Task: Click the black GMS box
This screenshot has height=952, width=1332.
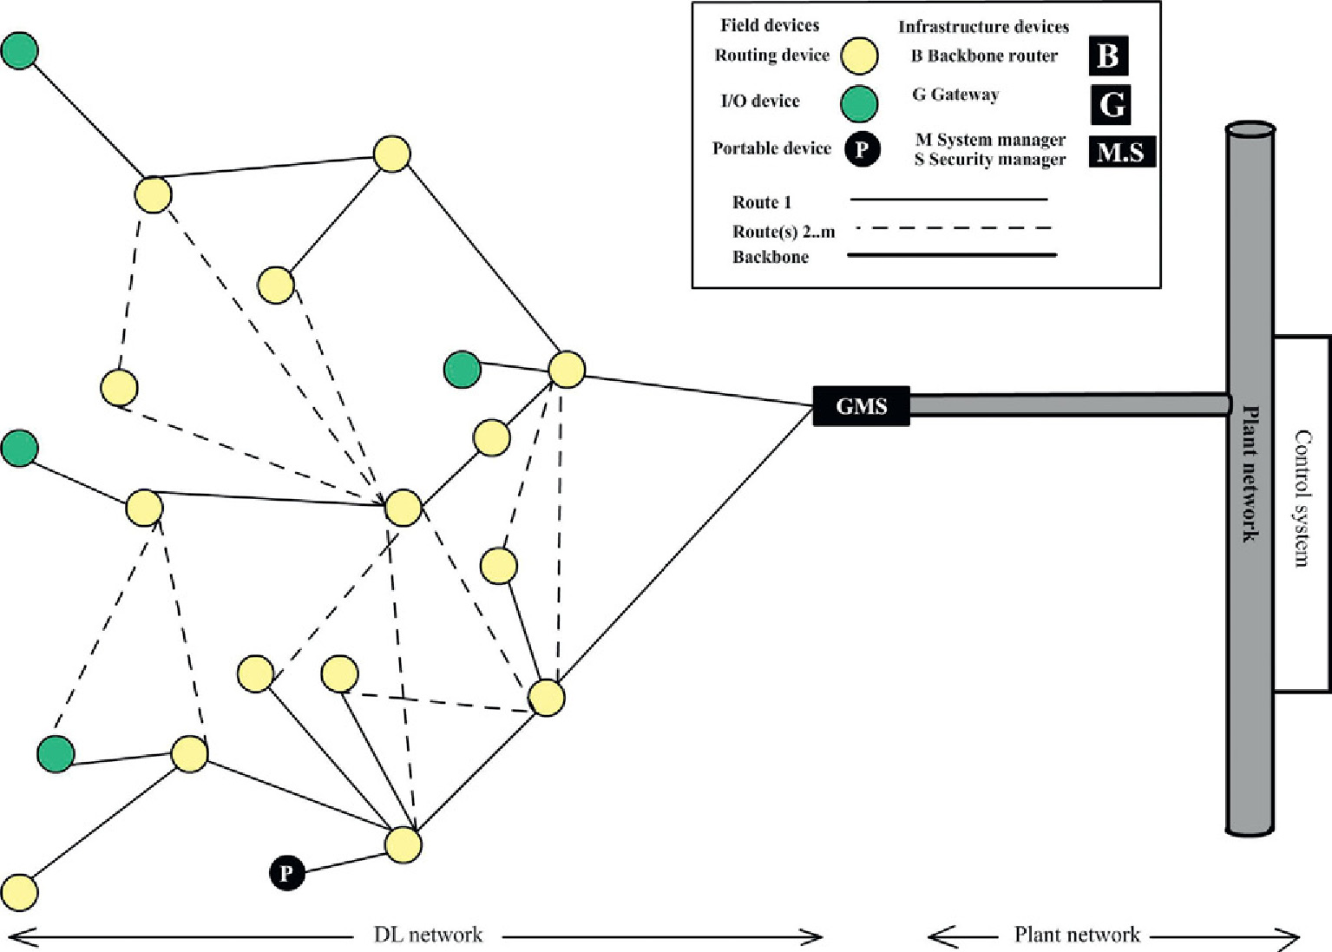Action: point(861,406)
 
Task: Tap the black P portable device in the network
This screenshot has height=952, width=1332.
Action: point(287,872)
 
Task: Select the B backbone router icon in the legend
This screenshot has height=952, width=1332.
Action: point(1108,56)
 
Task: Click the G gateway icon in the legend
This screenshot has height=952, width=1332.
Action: point(1112,104)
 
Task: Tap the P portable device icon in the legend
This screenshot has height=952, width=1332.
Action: point(862,149)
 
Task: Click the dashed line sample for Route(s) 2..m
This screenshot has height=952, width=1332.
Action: point(952,229)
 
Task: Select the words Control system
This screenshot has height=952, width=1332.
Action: point(1302,498)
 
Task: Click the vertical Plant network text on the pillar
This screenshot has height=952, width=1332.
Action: point(1250,473)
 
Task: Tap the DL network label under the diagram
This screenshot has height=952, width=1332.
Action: point(428,936)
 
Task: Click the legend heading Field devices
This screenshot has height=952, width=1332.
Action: point(769,25)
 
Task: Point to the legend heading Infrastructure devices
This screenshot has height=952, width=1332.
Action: point(983,27)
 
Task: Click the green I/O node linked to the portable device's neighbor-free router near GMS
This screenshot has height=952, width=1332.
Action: point(463,370)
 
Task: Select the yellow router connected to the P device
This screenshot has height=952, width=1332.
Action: point(404,844)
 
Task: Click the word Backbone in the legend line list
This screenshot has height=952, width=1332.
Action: point(771,257)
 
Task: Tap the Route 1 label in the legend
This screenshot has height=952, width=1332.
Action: point(762,202)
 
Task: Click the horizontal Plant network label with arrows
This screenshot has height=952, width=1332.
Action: point(1077,935)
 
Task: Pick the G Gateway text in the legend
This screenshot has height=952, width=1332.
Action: point(955,95)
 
